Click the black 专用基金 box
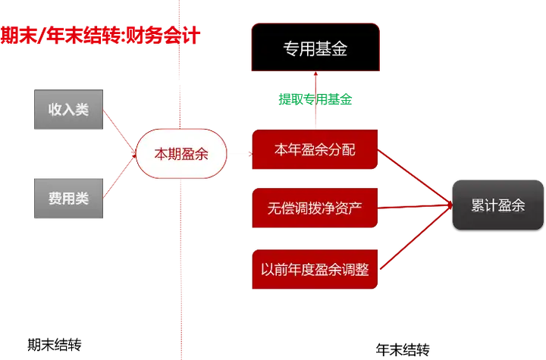(x=315, y=47)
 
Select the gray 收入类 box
(x=68, y=109)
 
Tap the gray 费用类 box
(x=68, y=199)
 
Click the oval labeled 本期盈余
(x=181, y=154)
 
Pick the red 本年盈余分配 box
(x=315, y=149)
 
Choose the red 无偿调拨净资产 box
(x=315, y=208)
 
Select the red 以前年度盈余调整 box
(x=315, y=269)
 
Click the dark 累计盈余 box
(x=498, y=205)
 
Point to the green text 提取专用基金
(x=315, y=99)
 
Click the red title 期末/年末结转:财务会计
(x=100, y=36)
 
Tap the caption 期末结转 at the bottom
(x=55, y=345)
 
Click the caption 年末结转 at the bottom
(x=403, y=349)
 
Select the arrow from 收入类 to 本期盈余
(x=120, y=131)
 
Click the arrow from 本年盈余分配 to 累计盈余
(x=415, y=177)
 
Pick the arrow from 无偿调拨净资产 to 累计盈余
(x=415, y=207)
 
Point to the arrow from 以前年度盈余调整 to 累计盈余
(x=416, y=237)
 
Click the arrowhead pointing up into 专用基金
(x=315, y=74)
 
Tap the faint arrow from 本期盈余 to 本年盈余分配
(x=240, y=154)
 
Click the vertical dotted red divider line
(x=180, y=180)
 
